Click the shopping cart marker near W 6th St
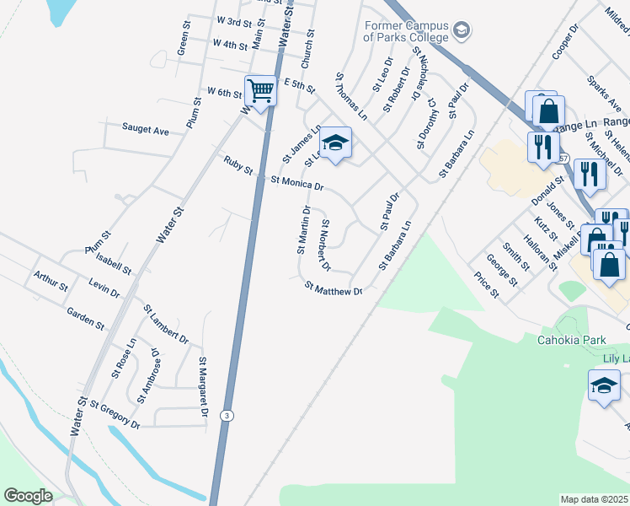click(260, 89)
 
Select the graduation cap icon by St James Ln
click(334, 143)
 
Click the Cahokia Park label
click(571, 340)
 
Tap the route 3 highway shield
click(227, 416)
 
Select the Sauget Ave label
click(146, 130)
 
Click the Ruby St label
click(238, 164)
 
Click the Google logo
click(28, 496)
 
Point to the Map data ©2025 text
click(594, 499)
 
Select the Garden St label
click(85, 319)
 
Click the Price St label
click(486, 286)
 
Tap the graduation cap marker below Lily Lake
click(603, 386)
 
